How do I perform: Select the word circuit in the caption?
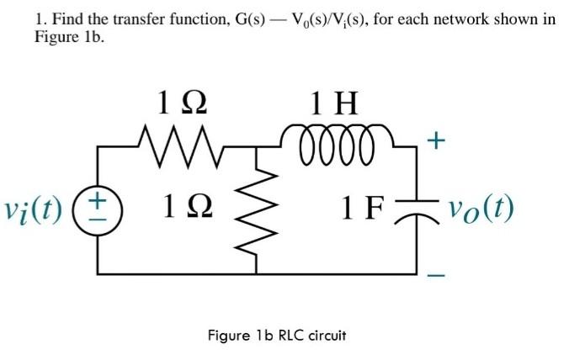coord(325,335)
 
